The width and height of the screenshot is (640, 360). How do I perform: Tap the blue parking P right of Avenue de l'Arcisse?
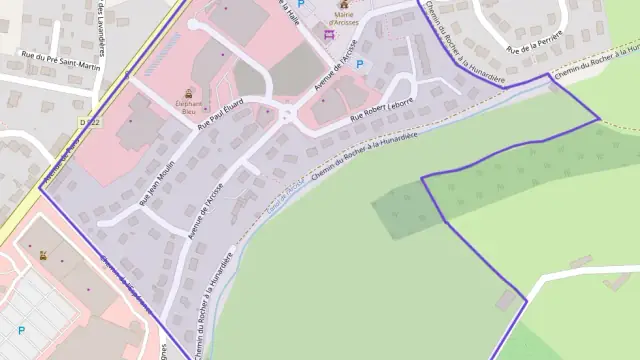(x=360, y=64)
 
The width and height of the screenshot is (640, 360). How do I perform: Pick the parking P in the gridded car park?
(x=21, y=329)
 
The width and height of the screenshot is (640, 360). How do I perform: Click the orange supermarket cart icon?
(x=43, y=255)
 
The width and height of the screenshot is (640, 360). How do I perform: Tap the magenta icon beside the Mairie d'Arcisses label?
(x=329, y=35)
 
